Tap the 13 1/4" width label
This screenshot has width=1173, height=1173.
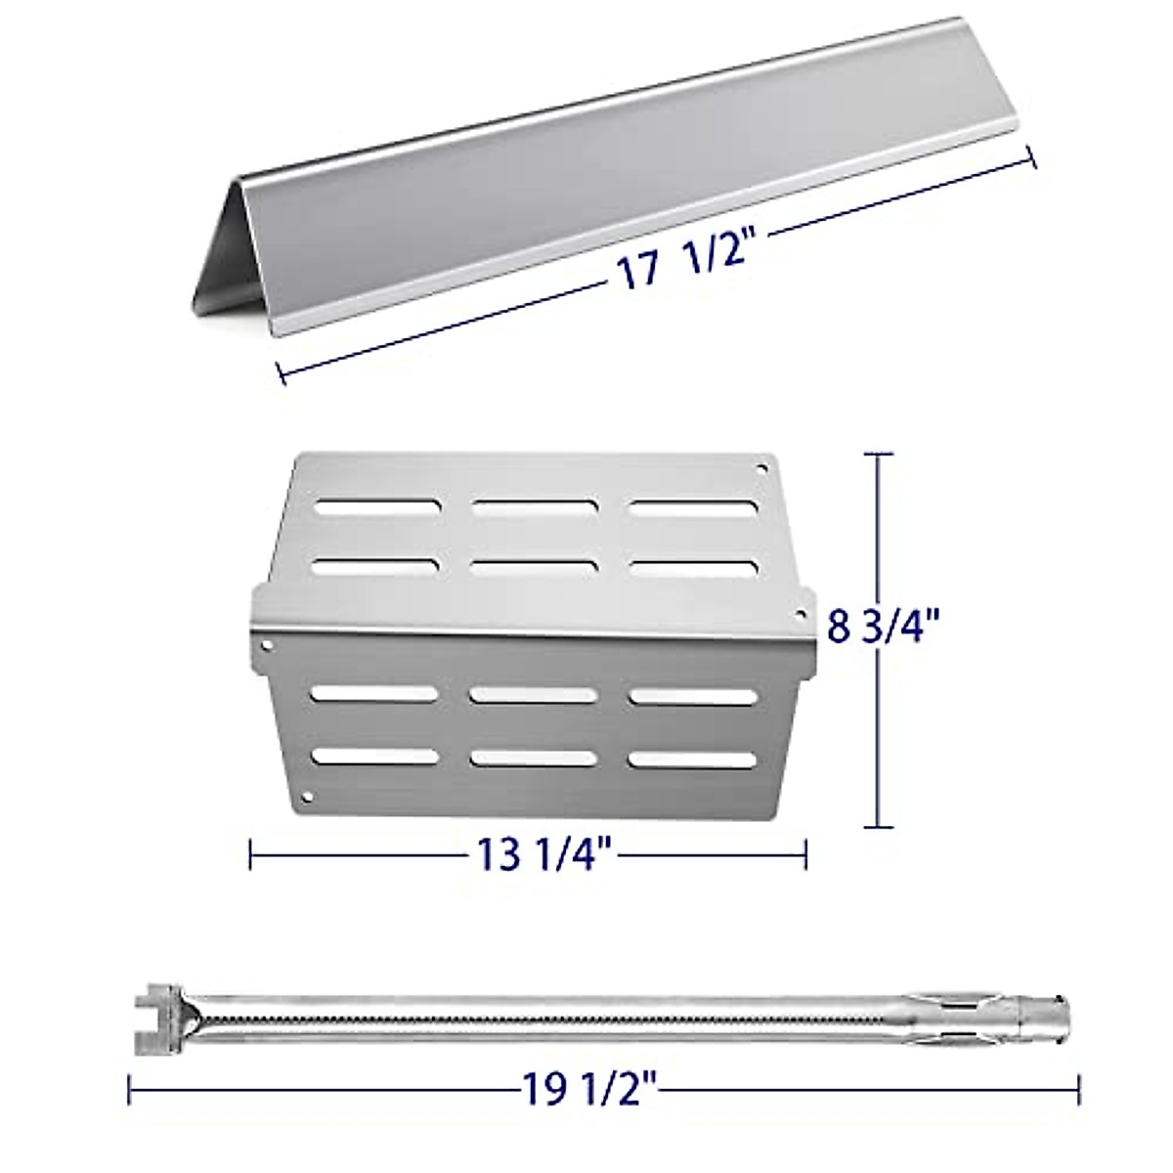pos(543,853)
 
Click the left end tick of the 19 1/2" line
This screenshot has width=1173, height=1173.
pos(130,1060)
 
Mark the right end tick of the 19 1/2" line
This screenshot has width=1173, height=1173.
pos(1078,1060)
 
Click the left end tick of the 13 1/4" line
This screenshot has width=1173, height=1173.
pos(251,853)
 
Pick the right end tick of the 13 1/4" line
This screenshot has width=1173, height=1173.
pos(805,853)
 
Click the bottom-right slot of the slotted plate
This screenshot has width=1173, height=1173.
pos(692,758)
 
